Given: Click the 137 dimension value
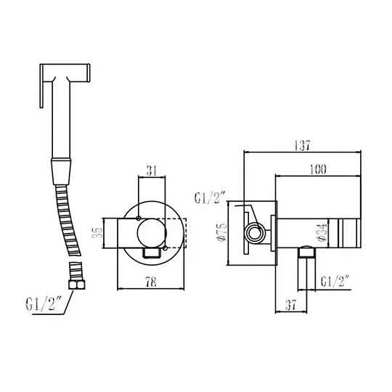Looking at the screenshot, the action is (x=302, y=145).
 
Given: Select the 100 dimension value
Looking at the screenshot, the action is (x=318, y=169).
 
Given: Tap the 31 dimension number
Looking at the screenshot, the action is (x=152, y=171).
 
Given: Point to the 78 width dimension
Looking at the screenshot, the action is (x=151, y=282).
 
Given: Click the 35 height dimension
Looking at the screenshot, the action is (x=98, y=233).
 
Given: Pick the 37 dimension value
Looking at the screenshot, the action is (x=290, y=305).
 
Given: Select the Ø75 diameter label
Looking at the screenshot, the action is (x=221, y=232).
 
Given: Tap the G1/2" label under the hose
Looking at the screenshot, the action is (x=44, y=303).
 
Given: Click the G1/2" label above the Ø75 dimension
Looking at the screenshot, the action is (x=211, y=198).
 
